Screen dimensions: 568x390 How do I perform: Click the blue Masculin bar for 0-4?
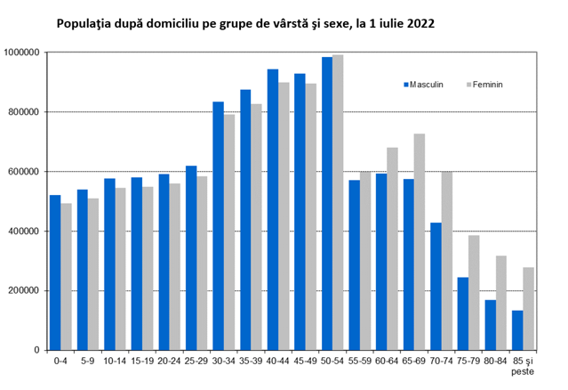click(x=55, y=272)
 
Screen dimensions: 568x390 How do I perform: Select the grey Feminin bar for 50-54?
click(x=338, y=202)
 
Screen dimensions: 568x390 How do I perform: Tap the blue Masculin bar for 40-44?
click(x=273, y=210)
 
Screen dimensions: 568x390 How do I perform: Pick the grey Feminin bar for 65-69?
click(x=420, y=242)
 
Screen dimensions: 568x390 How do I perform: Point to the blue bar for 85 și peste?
click(x=517, y=330)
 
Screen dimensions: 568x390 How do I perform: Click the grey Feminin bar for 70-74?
click(x=446, y=261)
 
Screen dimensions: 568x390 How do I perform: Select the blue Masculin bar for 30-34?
click(x=218, y=226)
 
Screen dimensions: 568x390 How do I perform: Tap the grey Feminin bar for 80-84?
click(x=501, y=303)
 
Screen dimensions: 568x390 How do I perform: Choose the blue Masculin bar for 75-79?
click(x=463, y=313)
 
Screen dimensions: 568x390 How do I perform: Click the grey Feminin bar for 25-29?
click(x=202, y=264)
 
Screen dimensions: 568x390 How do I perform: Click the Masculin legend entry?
click(x=423, y=85)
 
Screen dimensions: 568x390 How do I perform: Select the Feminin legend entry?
click(x=484, y=85)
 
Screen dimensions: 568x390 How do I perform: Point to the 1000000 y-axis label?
click(x=21, y=53)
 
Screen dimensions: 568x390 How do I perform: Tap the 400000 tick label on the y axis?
click(x=23, y=232)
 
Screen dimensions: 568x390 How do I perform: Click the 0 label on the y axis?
click(x=37, y=351)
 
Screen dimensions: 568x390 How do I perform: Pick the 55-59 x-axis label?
click(x=359, y=362)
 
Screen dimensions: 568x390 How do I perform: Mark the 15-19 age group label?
click(x=142, y=362)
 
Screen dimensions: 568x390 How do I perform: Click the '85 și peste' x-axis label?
click(x=523, y=367)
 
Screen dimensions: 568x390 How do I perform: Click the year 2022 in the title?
click(x=420, y=23)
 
